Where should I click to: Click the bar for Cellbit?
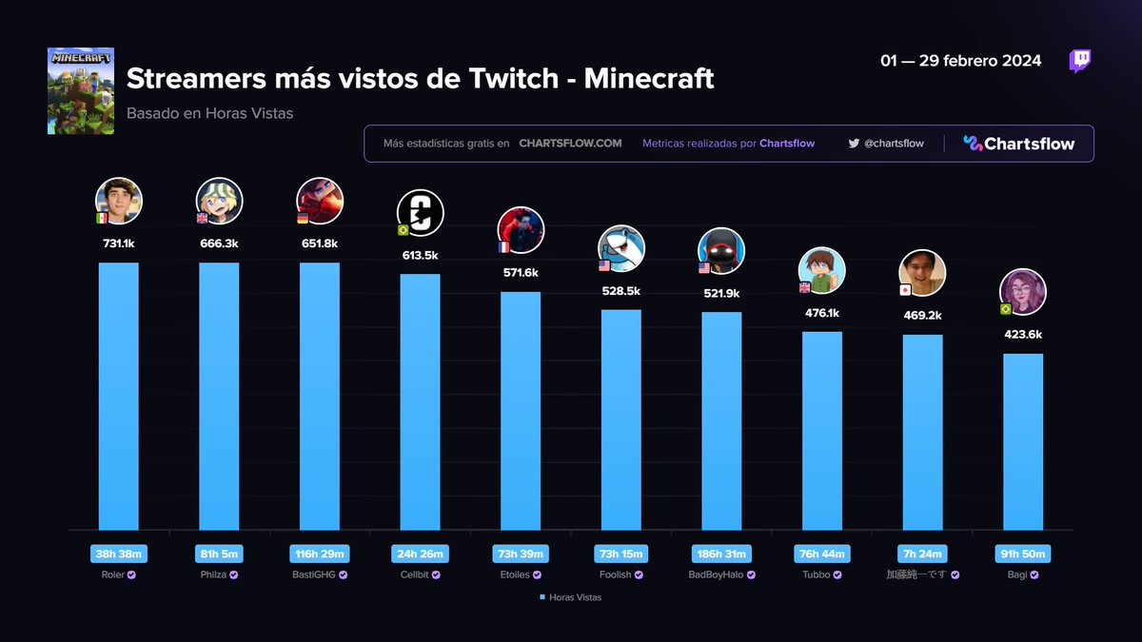[420, 401]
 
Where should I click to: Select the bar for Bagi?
[1023, 441]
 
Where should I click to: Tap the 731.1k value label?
[118, 243]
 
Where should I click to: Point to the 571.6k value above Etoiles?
[521, 273]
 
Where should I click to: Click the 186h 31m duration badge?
[721, 554]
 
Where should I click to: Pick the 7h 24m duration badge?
[922, 554]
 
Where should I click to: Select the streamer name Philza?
[213, 574]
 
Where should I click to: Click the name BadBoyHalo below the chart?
[716, 574]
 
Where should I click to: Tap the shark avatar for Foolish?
[620, 248]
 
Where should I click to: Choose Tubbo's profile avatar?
[822, 270]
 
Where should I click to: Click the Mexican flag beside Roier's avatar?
[102, 219]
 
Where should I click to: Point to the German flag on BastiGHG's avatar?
[303, 219]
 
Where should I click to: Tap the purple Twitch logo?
[1080, 61]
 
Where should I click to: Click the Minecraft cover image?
[81, 91]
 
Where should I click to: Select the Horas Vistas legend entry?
[570, 597]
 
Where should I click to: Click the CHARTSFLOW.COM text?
[570, 144]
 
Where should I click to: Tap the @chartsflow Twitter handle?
[894, 144]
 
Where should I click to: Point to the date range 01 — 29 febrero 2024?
[960, 61]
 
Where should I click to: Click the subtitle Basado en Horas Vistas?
[209, 113]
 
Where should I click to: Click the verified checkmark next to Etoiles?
[537, 574]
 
